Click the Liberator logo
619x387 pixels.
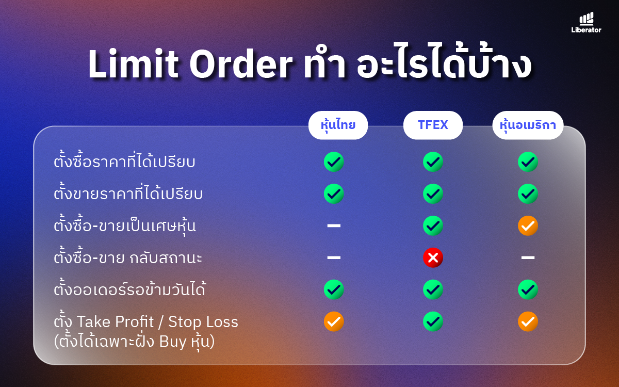pos(586,22)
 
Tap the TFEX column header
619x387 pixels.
pos(433,125)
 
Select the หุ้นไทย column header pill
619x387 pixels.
pos(338,125)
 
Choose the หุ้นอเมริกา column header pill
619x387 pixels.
pos(528,125)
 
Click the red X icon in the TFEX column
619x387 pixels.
pos(433,257)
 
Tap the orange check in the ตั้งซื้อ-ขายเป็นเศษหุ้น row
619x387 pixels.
pos(528,225)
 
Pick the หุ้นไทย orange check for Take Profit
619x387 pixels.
pos(334,321)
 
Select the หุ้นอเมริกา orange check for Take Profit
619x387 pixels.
pos(528,321)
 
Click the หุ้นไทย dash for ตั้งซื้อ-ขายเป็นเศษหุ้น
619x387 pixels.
pos(334,225)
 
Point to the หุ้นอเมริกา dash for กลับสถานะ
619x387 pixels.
pos(528,257)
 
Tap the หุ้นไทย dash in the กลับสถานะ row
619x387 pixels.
pos(334,257)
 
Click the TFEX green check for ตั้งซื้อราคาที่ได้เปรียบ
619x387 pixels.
pos(433,162)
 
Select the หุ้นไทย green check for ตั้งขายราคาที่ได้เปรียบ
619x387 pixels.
pos(334,194)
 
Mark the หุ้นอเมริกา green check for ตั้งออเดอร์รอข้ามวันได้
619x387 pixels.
pos(528,289)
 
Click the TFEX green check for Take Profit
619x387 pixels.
pos(433,321)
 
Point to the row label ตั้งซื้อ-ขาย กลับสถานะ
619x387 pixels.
pos(128,256)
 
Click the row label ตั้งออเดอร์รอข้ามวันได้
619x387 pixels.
pos(130,288)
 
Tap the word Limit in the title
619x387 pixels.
pos(133,64)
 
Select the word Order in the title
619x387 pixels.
pos(241,64)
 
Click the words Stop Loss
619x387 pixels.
pos(203,322)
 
